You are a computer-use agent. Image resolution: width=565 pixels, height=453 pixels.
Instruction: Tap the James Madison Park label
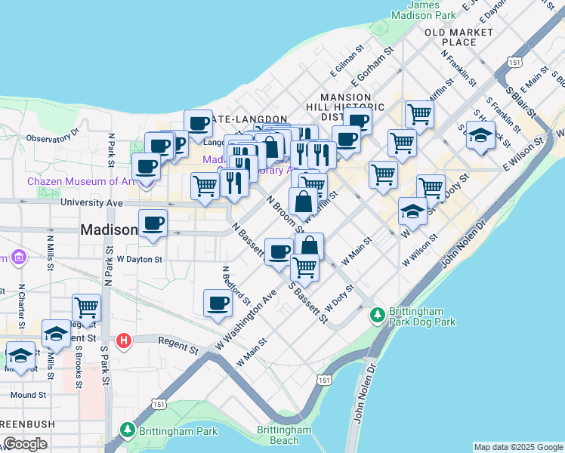point(434,9)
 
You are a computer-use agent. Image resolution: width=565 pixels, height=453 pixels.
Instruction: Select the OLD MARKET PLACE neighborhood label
point(458,37)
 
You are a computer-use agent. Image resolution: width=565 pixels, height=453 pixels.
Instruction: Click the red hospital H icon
point(124,341)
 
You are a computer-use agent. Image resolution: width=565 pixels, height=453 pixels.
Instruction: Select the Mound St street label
point(29,395)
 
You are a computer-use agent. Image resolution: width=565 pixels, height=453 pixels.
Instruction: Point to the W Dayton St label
point(139,260)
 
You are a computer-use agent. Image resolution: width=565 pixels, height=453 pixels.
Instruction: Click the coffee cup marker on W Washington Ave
point(218,304)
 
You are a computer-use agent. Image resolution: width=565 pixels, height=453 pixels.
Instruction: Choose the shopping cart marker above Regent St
point(87,308)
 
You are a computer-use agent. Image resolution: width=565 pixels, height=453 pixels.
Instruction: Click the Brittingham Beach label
point(283,435)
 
